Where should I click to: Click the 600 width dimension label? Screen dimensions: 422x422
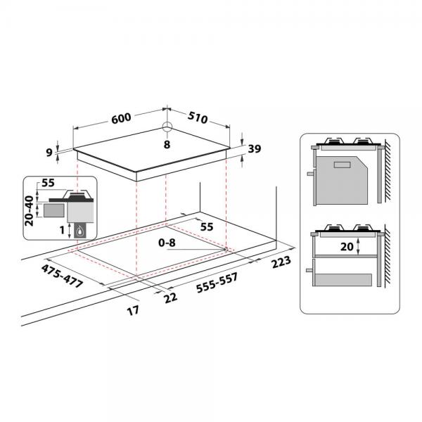click(x=121, y=118)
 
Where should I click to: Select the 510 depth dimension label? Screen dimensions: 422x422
click(x=198, y=117)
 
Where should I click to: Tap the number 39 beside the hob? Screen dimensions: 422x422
click(x=255, y=149)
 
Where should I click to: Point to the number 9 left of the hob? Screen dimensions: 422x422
click(x=49, y=153)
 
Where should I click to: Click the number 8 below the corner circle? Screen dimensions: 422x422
click(x=167, y=144)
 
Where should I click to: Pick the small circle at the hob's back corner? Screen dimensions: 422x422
click(x=167, y=126)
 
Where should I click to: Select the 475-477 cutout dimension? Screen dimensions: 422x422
click(x=62, y=276)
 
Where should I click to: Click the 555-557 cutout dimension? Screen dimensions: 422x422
click(x=217, y=283)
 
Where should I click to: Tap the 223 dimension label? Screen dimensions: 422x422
click(x=281, y=262)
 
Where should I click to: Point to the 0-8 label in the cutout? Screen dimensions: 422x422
click(x=167, y=243)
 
